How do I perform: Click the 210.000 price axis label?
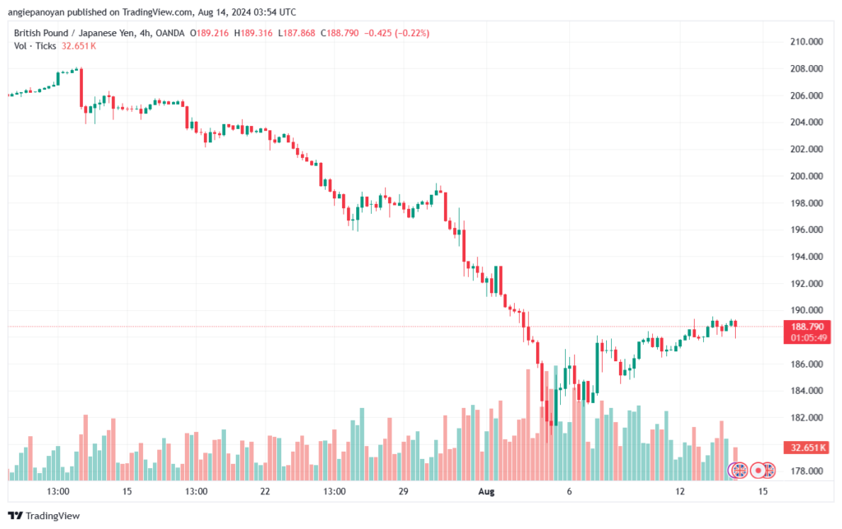tap(807, 41)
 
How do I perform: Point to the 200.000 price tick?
tap(807, 176)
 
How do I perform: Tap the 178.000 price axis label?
tap(807, 471)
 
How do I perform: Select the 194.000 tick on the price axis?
tap(807, 257)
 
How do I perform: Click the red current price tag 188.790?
tap(807, 327)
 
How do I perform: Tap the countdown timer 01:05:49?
tap(807, 337)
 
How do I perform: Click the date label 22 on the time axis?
tap(265, 491)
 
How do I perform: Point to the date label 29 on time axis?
tap(403, 491)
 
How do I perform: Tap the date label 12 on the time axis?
tap(680, 491)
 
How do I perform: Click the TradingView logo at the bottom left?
tap(45, 516)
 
